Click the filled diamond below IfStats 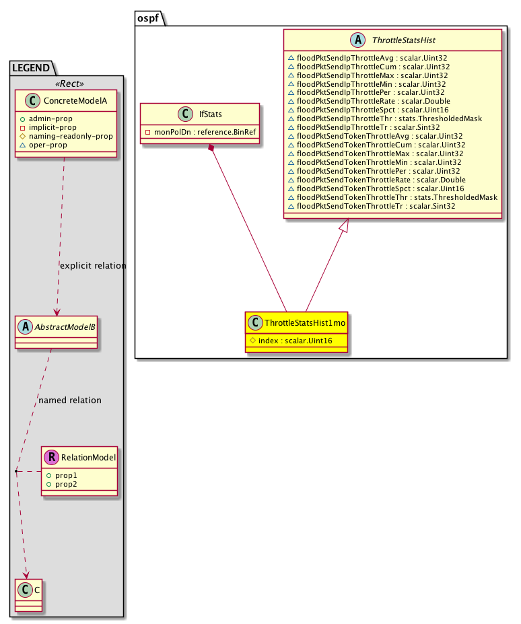click(212, 147)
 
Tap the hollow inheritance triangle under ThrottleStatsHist click(343, 230)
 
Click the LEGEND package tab click(31, 67)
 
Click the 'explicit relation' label click(93, 266)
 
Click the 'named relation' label click(70, 401)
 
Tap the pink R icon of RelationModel click(51, 458)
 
